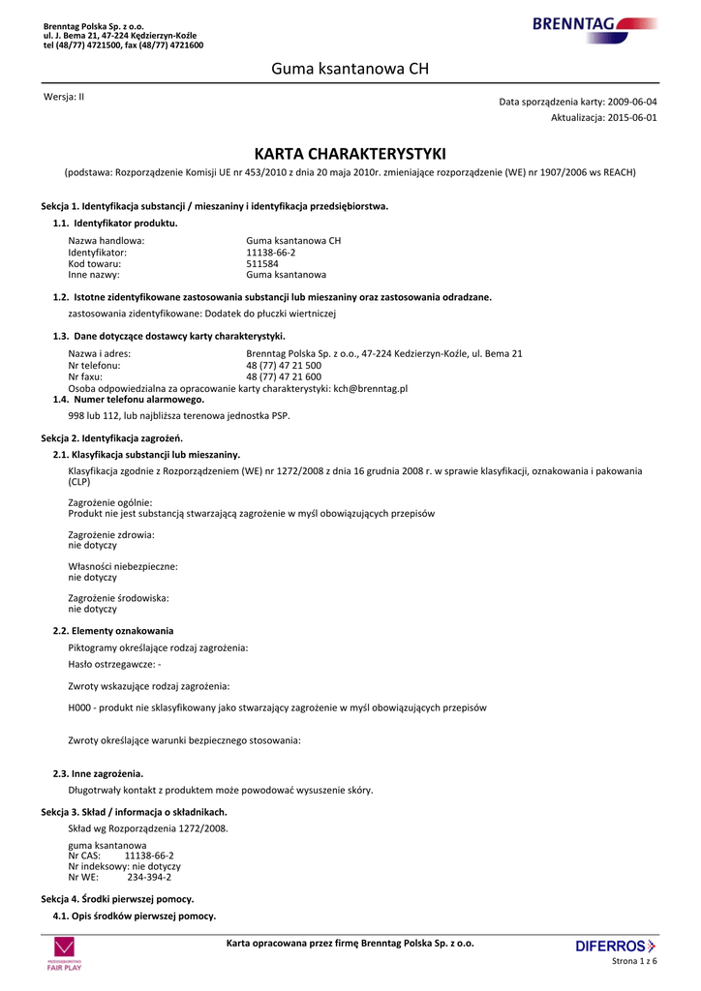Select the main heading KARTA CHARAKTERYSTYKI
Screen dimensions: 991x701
tap(350, 154)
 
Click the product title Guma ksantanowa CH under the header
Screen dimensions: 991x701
tap(350, 69)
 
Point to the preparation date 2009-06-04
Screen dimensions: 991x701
tap(632, 102)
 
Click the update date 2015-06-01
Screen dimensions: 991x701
tap(632, 117)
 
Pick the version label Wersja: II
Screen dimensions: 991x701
tap(64, 97)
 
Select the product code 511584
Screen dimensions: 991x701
tap(262, 263)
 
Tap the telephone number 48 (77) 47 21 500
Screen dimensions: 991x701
tap(284, 366)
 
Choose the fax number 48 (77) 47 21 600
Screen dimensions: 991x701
tap(284, 376)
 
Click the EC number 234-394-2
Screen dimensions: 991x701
tap(149, 877)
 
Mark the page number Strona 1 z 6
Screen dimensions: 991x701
tap(635, 961)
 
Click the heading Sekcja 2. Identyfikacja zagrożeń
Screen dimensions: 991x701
tap(98, 438)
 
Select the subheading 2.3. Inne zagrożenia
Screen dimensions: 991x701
tap(98, 773)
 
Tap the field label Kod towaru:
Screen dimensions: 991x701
tap(94, 263)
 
